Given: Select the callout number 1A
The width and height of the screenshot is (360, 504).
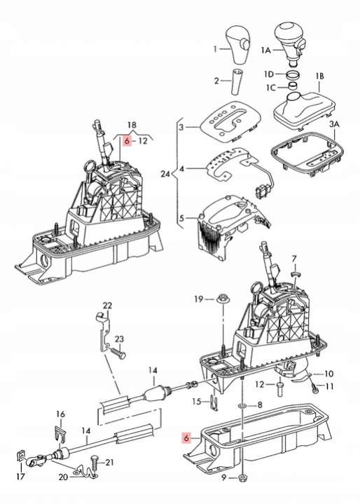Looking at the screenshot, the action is [x=266, y=50].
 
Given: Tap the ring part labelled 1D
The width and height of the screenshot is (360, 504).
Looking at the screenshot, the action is [x=293, y=75].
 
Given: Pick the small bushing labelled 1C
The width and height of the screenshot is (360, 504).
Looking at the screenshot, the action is [x=292, y=86].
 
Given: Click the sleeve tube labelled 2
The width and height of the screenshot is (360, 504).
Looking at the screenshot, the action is [x=237, y=81].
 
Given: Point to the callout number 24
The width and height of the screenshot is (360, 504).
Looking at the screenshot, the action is [x=166, y=174].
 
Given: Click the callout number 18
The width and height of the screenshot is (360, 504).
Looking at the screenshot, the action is [x=132, y=125].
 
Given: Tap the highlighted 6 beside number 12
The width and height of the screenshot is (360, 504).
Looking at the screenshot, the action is [x=127, y=141].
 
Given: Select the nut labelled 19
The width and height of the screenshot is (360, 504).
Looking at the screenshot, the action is [x=221, y=299].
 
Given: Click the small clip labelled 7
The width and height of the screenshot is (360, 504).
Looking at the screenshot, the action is [x=294, y=273].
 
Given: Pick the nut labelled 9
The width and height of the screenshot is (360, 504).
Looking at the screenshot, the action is [x=243, y=478].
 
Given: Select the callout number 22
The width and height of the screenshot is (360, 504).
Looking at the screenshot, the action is [x=108, y=306].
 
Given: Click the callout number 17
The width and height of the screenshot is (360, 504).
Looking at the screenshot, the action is [x=20, y=476].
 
